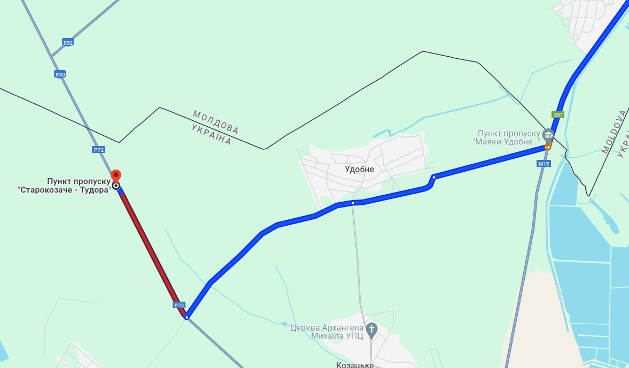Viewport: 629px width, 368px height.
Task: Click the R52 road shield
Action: pos(67,42)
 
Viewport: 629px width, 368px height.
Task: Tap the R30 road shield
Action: pos(60,74)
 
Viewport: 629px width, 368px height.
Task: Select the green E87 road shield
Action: pos(558,114)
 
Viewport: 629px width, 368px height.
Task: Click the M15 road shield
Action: pos(544,164)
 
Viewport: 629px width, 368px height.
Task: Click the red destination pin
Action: pos(116,176)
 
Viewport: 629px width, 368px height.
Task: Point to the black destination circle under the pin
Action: pos(116,186)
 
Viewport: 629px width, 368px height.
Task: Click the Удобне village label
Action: pos(359,170)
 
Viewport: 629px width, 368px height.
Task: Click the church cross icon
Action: pos(372,328)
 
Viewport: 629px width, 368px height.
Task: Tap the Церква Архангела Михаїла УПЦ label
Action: pos(327,332)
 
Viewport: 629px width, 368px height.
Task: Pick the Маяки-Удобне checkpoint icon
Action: pos(547,133)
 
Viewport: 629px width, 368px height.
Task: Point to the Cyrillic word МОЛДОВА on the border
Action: pos(216,122)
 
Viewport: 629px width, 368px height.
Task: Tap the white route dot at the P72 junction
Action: pos(187,318)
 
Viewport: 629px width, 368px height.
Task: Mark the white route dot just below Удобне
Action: pos(353,203)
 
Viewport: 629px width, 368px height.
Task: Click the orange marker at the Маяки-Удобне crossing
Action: pos(548,145)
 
